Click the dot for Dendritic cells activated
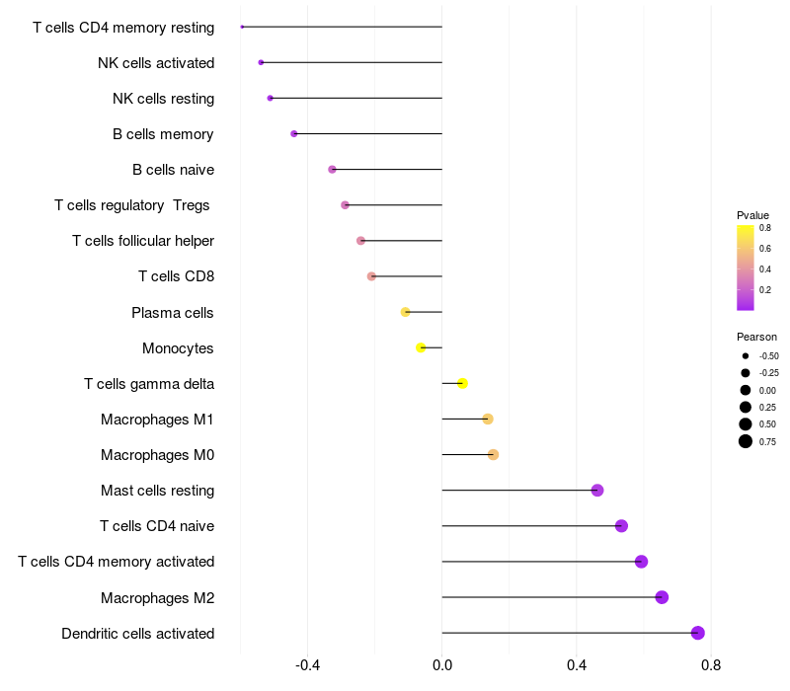(x=698, y=633)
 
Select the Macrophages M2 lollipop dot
(x=662, y=597)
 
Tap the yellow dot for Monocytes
(x=421, y=347)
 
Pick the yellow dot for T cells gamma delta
(x=462, y=383)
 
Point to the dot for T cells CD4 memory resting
(x=242, y=27)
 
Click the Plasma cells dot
(x=405, y=312)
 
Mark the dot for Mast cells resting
(x=597, y=490)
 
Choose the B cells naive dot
(x=332, y=169)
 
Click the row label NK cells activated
(x=156, y=63)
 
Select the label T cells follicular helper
(x=143, y=241)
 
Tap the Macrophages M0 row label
(x=158, y=455)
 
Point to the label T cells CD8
(x=177, y=276)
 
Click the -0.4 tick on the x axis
(x=307, y=665)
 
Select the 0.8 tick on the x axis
(x=711, y=665)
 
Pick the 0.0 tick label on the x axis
(x=441, y=665)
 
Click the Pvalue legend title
(x=752, y=215)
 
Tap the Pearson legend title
(x=756, y=337)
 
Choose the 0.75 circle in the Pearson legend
(x=746, y=441)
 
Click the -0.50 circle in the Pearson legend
(x=746, y=356)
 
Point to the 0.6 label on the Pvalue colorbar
(x=764, y=249)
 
